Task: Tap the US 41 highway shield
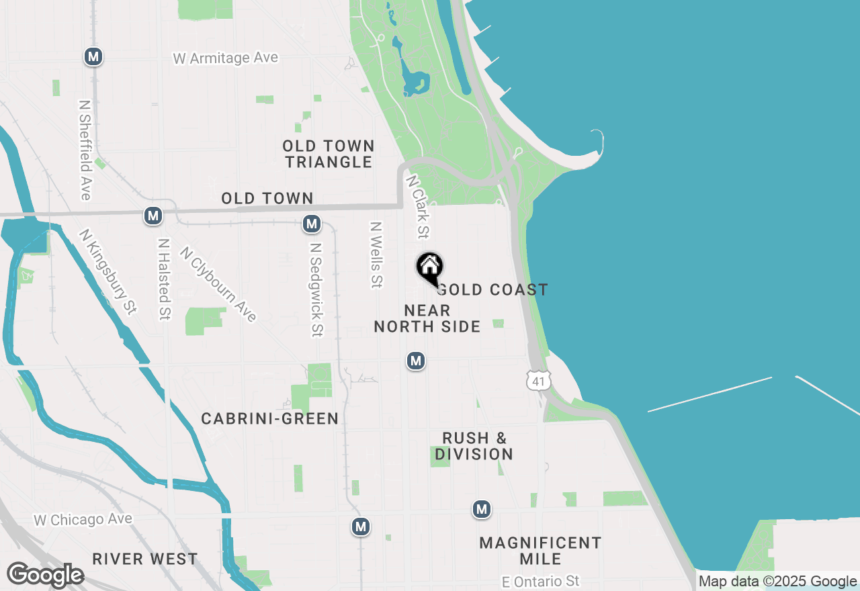[538, 380]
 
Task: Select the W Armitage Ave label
[225, 58]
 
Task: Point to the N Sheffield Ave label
[85, 150]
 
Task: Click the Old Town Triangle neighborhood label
[328, 154]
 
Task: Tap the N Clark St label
[417, 207]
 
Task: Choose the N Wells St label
[376, 255]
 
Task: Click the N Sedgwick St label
[316, 289]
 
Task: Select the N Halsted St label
[163, 279]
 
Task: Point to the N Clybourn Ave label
[218, 284]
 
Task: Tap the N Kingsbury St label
[107, 271]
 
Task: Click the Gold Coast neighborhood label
[493, 289]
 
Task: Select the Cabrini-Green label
[270, 418]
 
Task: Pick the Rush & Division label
[474, 446]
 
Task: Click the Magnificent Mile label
[540, 551]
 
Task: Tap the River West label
[145, 559]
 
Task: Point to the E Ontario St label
[540, 580]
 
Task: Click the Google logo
[45, 575]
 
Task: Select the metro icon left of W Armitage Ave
[93, 57]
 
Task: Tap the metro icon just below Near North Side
[416, 361]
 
